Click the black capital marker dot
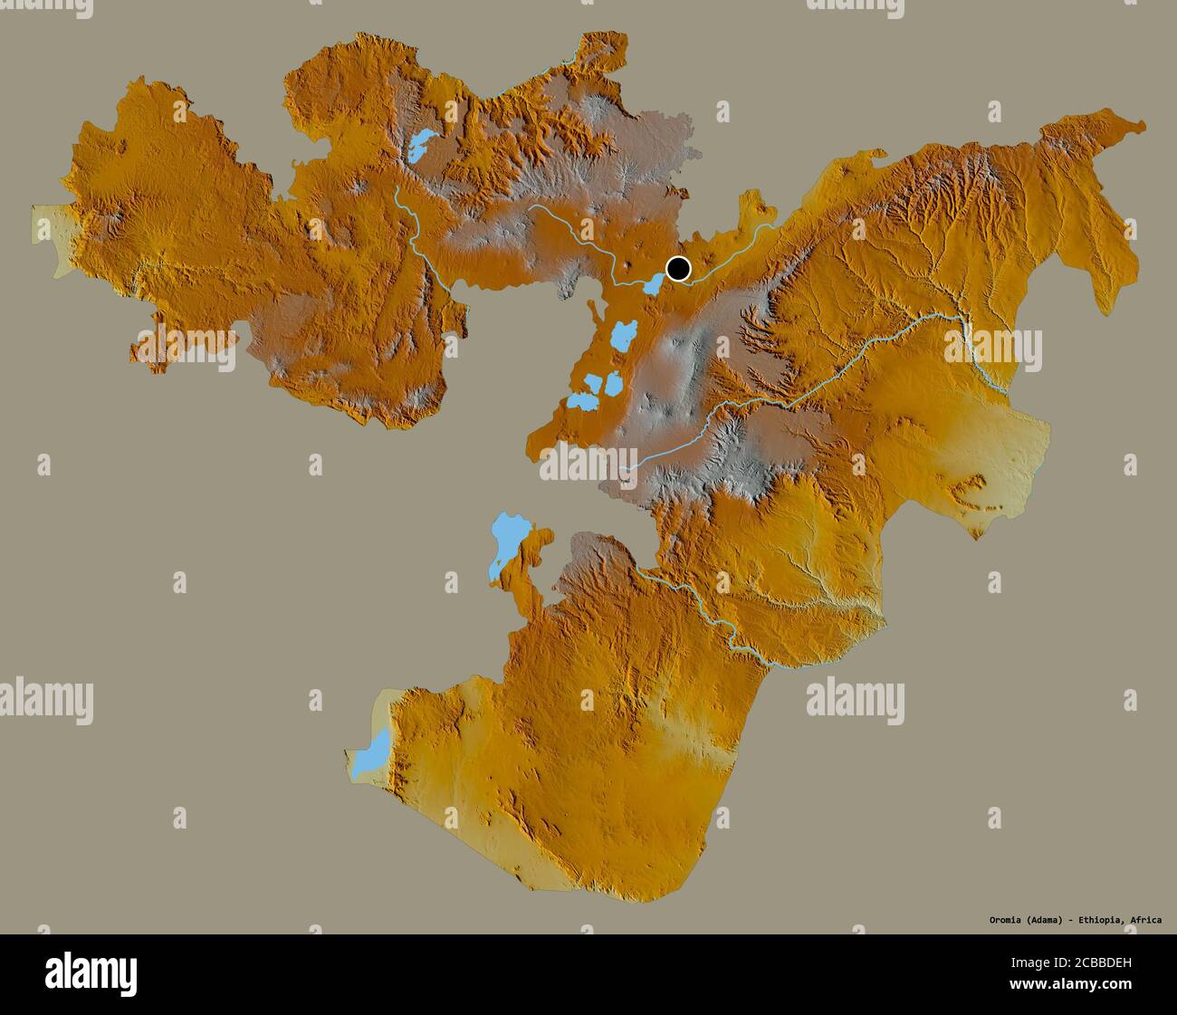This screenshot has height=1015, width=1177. coord(678,269)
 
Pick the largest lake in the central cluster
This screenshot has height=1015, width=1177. coord(622,338)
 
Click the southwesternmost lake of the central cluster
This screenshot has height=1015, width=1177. coord(579,399)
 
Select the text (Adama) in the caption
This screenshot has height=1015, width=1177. coord(1048,920)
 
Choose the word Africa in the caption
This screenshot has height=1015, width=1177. coord(1146,920)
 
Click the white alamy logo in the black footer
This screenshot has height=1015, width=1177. coord(91,973)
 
